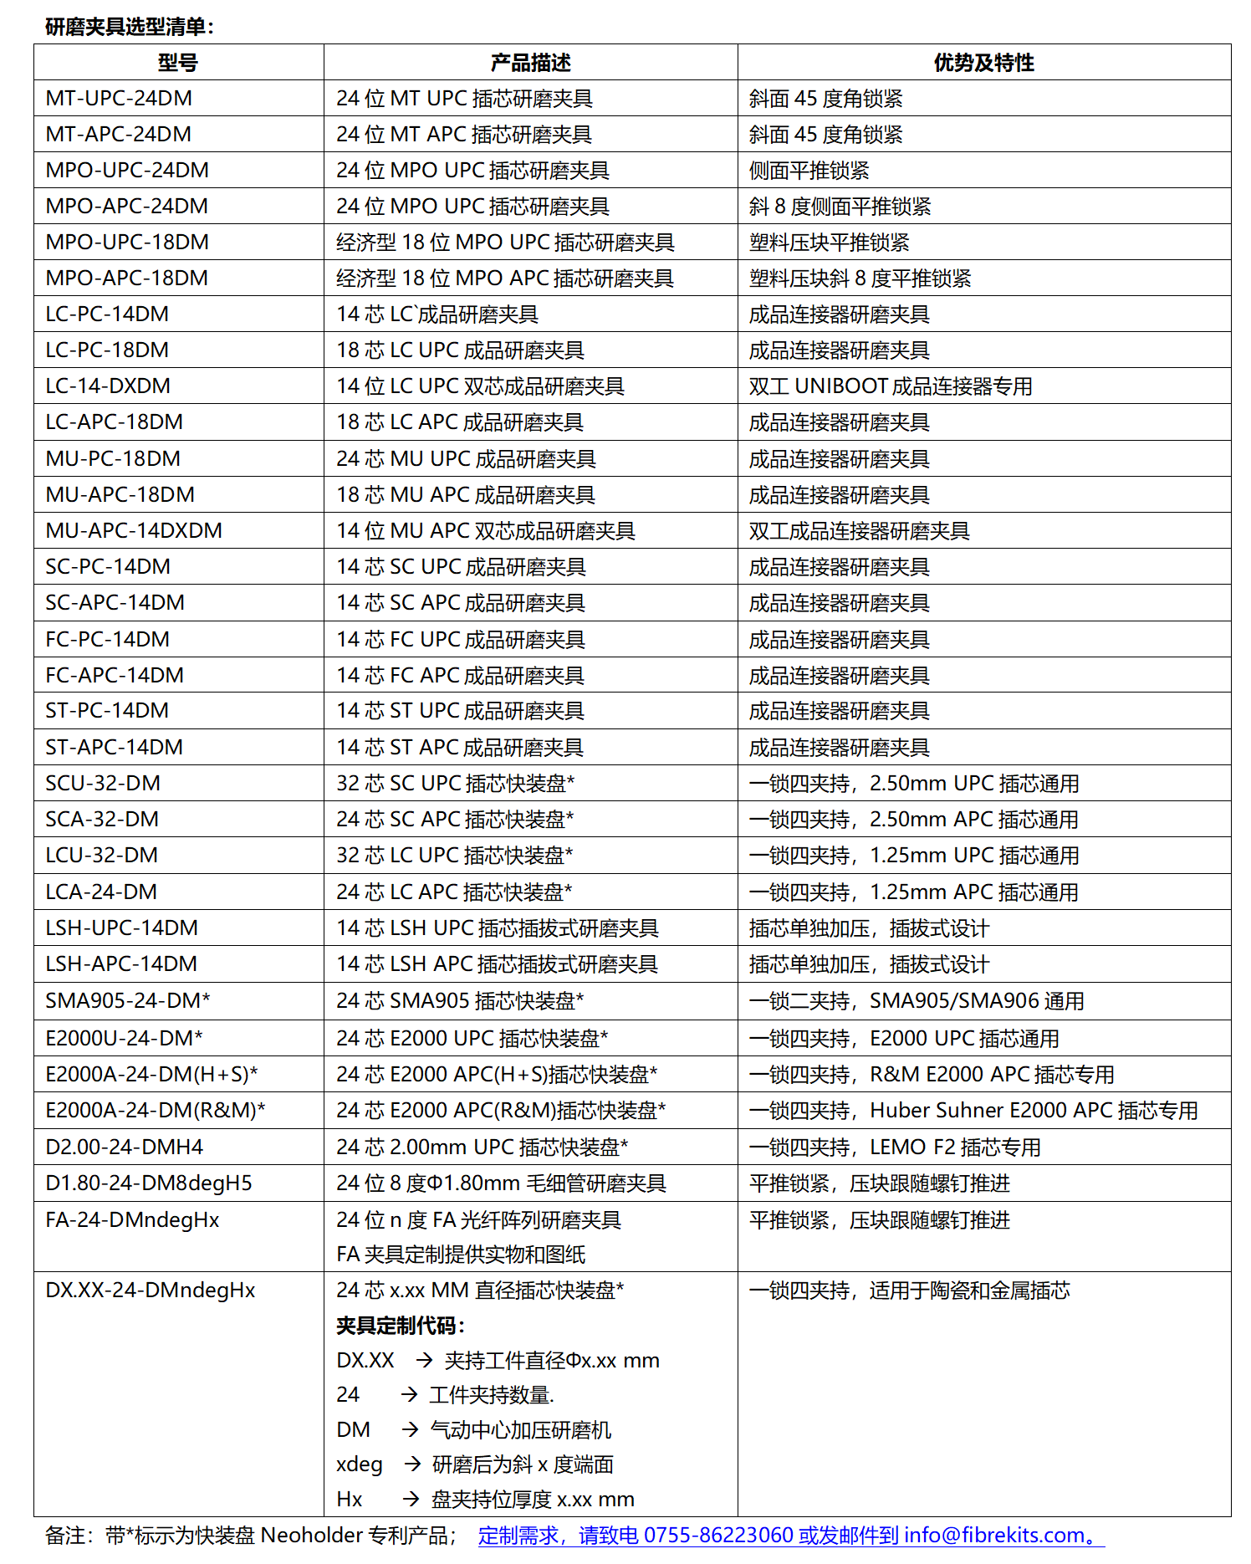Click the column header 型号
click(x=177, y=63)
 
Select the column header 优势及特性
click(x=983, y=63)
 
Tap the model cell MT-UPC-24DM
click(x=119, y=99)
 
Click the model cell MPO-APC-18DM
click(x=127, y=278)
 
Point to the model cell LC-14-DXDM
click(x=108, y=386)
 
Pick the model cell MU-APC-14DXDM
click(x=134, y=530)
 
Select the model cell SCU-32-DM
click(x=103, y=783)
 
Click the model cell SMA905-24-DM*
click(x=128, y=1000)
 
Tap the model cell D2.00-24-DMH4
click(x=125, y=1147)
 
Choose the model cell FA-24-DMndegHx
click(x=132, y=1219)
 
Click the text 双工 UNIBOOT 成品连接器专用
click(x=891, y=386)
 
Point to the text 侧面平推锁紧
click(x=809, y=171)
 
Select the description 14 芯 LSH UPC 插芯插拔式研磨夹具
click(x=498, y=928)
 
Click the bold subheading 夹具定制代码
click(x=400, y=1326)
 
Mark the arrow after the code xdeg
click(x=412, y=1464)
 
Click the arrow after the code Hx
click(x=411, y=1499)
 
